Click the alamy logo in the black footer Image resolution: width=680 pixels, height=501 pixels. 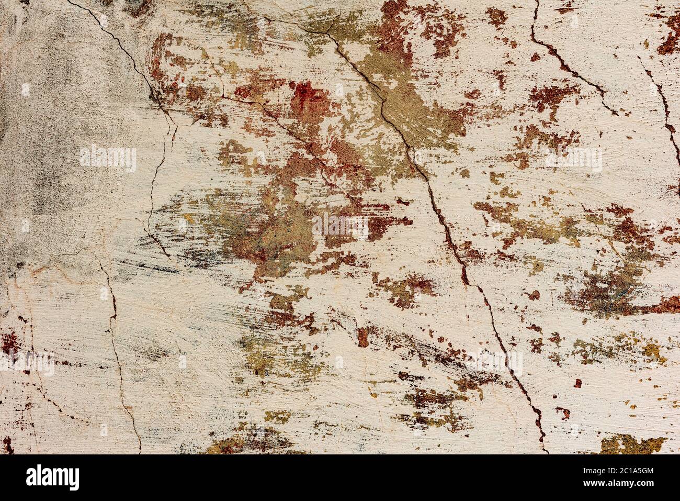tap(53, 477)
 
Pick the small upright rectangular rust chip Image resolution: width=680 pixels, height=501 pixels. tap(362, 337)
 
